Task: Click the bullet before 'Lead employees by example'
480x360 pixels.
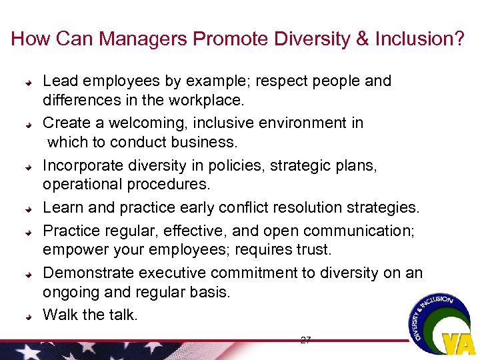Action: point(29,83)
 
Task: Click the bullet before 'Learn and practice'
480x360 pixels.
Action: point(29,209)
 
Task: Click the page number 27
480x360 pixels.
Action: point(305,340)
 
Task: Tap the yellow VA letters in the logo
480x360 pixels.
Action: point(459,344)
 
